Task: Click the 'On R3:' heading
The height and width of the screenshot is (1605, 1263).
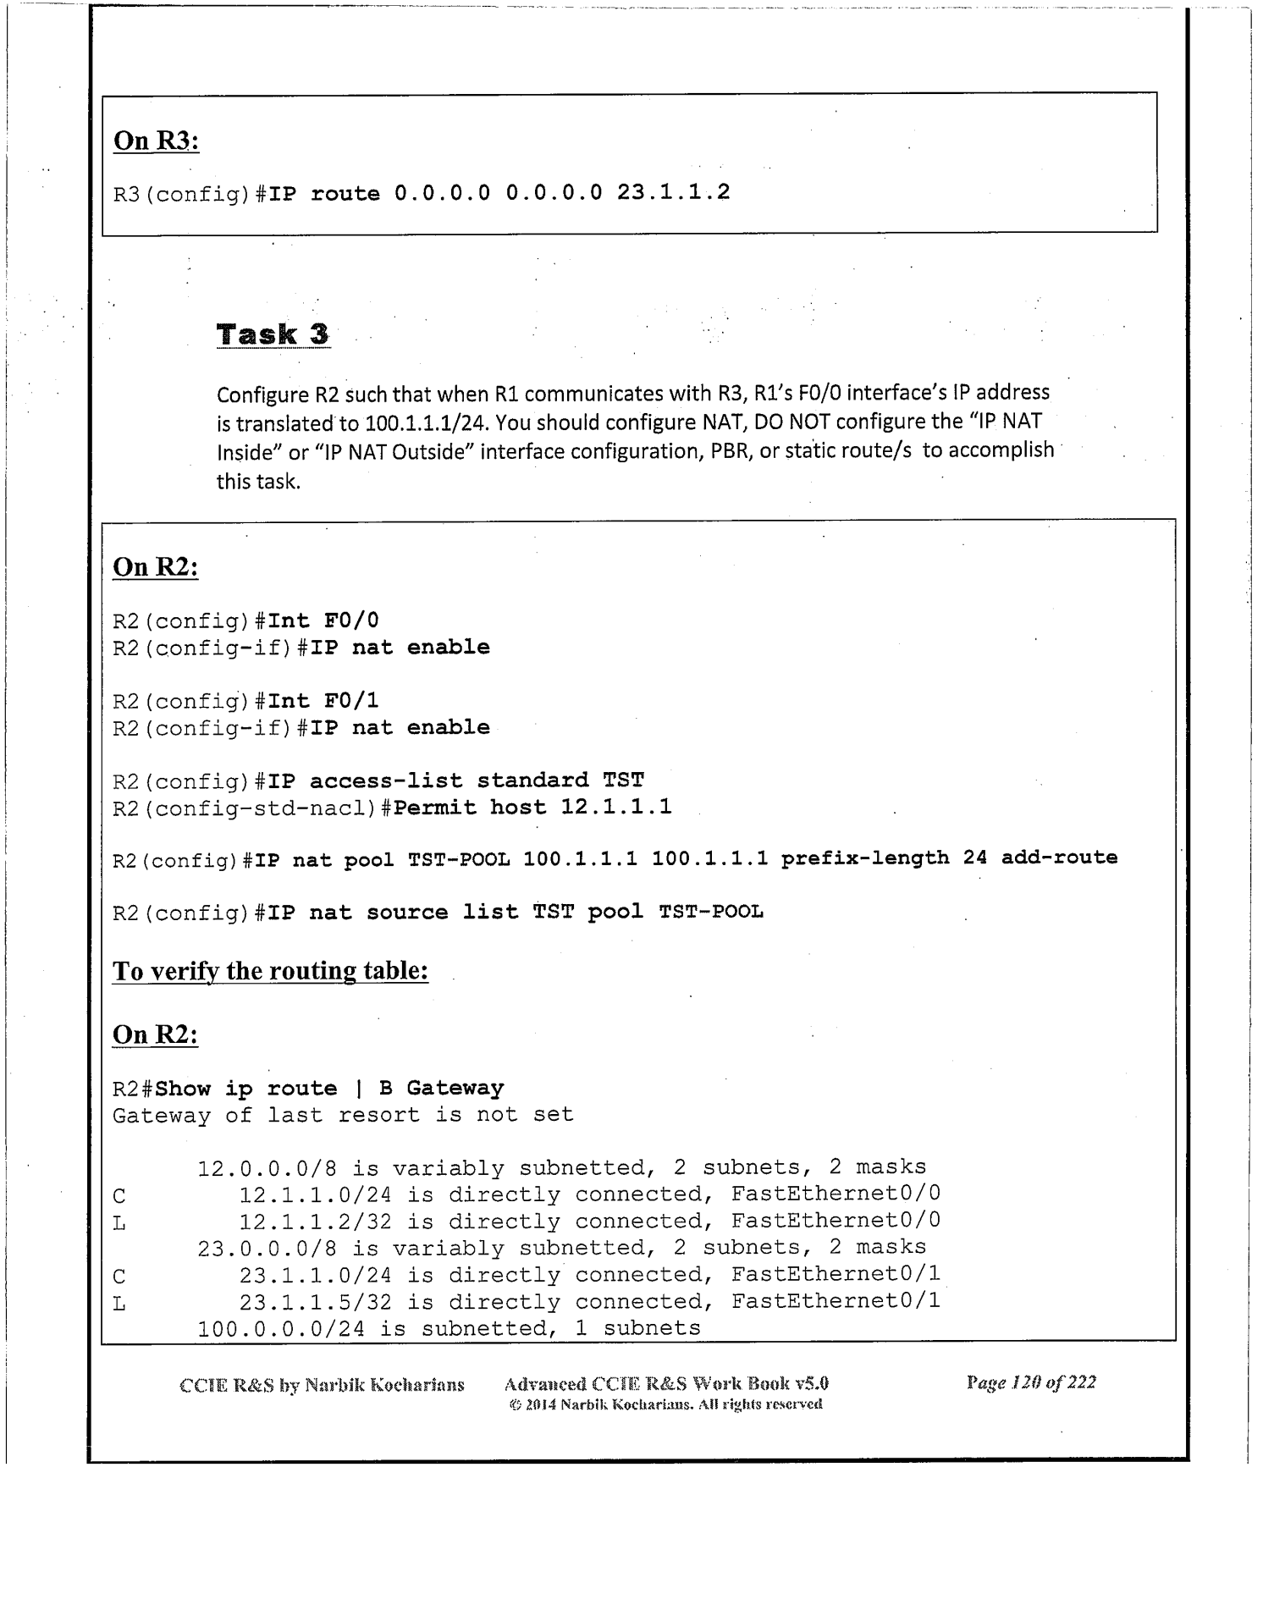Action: tap(157, 141)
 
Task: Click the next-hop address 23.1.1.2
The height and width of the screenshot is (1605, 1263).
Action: tap(673, 193)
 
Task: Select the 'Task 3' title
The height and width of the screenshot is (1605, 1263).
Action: tap(273, 334)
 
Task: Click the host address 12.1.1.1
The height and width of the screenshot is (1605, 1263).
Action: tap(616, 808)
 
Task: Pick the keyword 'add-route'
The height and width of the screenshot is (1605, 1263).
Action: tap(1059, 858)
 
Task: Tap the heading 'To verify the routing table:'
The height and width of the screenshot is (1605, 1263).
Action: tap(270, 971)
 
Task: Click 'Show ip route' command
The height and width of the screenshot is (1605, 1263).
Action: tap(245, 1089)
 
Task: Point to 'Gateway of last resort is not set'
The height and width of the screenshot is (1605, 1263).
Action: tap(343, 1116)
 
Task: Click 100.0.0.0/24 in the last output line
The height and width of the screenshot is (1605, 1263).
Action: tap(281, 1329)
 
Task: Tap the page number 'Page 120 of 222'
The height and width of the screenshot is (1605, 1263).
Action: tap(1030, 1383)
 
